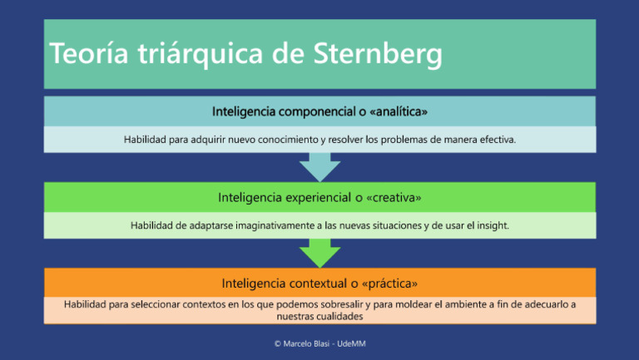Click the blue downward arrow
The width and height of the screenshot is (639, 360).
319,167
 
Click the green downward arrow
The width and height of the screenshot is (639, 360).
319,253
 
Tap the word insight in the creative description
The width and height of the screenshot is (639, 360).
491,225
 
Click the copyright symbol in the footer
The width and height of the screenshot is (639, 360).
278,343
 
